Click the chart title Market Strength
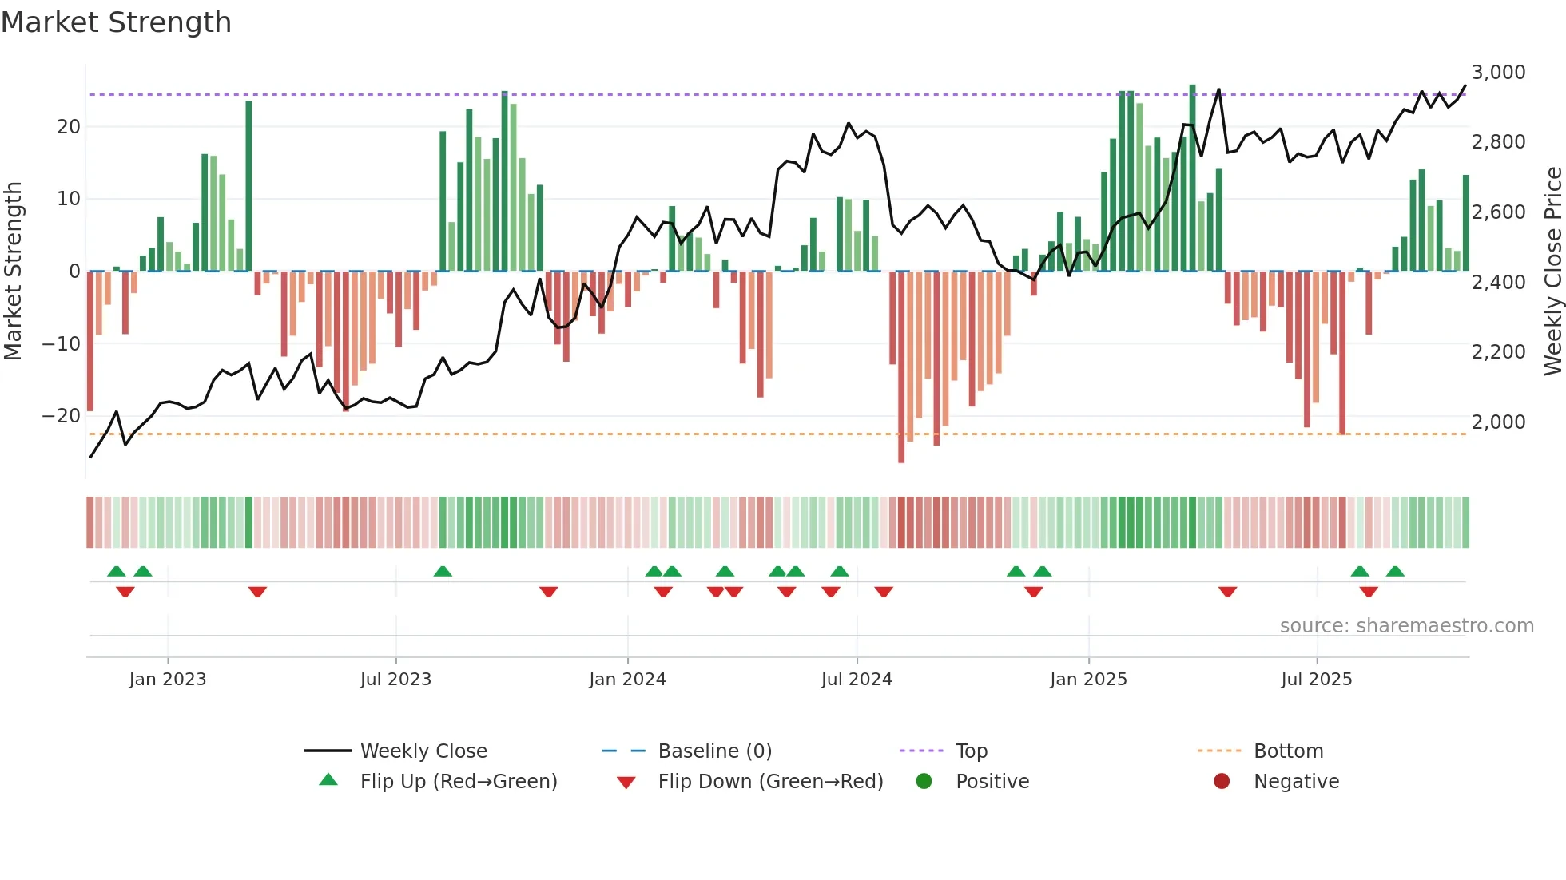117,22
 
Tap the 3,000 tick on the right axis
1498,73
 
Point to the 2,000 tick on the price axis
1498,422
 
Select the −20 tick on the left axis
61,416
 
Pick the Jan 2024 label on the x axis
627,680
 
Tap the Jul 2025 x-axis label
1316,680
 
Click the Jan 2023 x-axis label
168,680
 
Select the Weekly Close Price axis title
1552,272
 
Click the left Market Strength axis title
13,272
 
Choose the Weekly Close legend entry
423,751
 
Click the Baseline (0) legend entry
714,751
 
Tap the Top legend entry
971,751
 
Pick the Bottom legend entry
1288,751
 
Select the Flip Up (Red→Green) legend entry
458,782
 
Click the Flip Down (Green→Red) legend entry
770,782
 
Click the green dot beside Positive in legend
924,782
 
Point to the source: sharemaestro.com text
1406,626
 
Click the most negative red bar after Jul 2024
901,367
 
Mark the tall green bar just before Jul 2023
248,185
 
